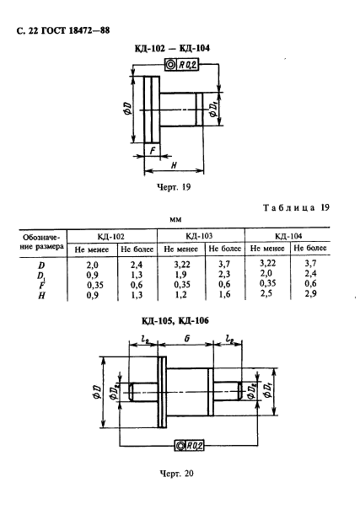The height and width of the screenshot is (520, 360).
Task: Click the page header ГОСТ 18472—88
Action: click(x=76, y=31)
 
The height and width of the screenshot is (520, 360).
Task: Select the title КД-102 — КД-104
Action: click(x=172, y=48)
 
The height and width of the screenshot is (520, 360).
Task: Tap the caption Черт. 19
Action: click(x=174, y=187)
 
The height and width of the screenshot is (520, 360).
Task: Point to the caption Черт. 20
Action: click(x=176, y=474)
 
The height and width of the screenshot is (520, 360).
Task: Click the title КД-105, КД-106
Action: click(x=175, y=321)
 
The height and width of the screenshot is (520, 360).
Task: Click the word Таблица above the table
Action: click(x=289, y=208)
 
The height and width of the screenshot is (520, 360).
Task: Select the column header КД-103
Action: click(x=199, y=236)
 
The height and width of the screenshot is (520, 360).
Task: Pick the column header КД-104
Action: click(x=288, y=236)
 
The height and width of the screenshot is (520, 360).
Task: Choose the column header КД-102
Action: click(x=110, y=237)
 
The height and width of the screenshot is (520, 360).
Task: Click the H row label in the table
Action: click(x=41, y=296)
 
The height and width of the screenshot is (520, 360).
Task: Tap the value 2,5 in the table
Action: click(x=266, y=293)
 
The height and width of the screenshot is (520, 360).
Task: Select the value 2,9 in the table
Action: click(x=310, y=293)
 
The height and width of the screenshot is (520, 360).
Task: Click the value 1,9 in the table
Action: click(x=180, y=275)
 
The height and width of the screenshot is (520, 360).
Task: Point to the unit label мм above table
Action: click(x=175, y=219)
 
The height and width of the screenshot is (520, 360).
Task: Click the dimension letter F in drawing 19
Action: click(x=153, y=151)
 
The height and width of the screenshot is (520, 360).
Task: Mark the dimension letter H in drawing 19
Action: click(x=174, y=165)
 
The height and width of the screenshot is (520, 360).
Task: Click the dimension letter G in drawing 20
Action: click(x=187, y=339)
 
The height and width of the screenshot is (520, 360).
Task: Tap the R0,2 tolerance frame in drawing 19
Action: click(x=181, y=65)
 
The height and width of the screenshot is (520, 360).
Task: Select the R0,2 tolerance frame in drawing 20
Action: click(x=189, y=446)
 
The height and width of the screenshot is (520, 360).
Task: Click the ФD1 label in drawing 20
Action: click(x=267, y=389)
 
